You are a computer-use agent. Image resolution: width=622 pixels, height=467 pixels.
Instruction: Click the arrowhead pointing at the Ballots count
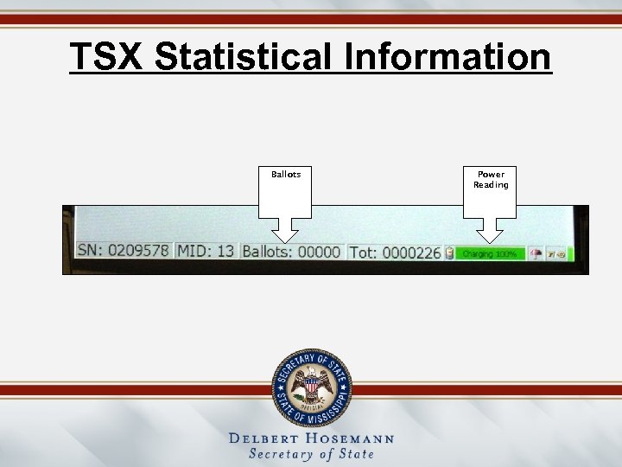coord(286,233)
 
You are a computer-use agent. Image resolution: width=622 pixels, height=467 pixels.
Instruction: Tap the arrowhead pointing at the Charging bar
coord(491,233)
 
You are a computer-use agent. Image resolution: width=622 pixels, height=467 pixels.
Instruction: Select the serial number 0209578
coord(137,252)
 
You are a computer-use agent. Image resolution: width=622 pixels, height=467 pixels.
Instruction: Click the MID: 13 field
coord(206,252)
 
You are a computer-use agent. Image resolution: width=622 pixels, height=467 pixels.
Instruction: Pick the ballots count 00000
coord(319,253)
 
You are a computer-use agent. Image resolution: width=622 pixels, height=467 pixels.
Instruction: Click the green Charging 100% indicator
coord(488,254)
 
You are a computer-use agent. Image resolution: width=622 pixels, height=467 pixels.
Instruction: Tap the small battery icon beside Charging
coord(449,253)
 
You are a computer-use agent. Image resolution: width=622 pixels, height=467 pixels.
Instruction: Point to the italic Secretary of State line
coord(311,454)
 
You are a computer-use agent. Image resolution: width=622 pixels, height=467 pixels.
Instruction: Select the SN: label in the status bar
coord(90,252)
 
